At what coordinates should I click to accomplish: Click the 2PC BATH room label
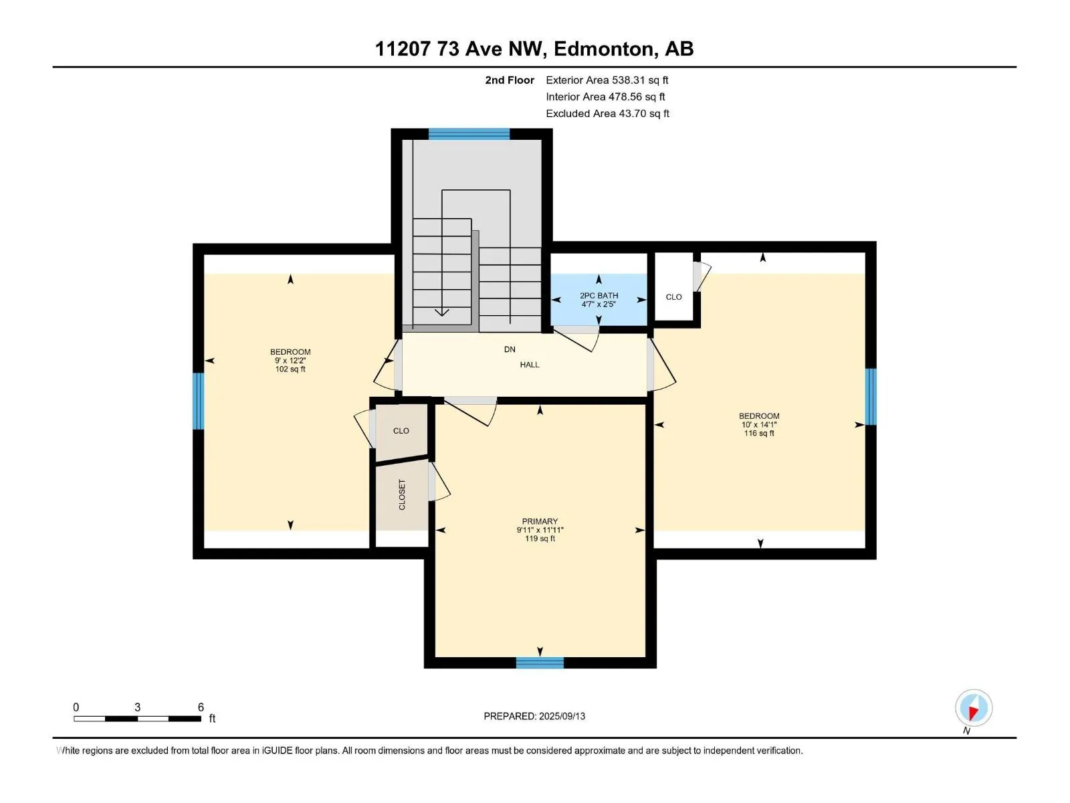tap(599, 296)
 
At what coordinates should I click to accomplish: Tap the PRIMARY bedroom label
tap(540, 521)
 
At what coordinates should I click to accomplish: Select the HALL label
tap(530, 365)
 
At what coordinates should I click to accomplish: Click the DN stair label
tap(510, 349)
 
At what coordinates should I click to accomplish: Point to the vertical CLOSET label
tap(402, 495)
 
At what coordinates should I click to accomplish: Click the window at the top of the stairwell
tap(469, 134)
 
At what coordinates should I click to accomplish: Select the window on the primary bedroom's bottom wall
tap(540, 662)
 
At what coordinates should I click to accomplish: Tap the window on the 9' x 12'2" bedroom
tap(199, 401)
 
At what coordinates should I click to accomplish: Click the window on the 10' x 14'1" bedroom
tap(871, 396)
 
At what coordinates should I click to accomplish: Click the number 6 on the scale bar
tap(201, 707)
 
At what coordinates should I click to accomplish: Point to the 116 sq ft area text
tap(759, 433)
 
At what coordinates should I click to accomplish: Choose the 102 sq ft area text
tap(290, 369)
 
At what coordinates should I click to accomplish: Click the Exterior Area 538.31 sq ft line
tap(607, 80)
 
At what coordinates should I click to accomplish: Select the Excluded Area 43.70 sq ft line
tap(607, 114)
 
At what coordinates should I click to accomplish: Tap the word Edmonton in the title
tap(603, 49)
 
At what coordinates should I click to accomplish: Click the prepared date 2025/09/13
tap(562, 716)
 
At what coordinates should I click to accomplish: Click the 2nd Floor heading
tap(510, 80)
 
